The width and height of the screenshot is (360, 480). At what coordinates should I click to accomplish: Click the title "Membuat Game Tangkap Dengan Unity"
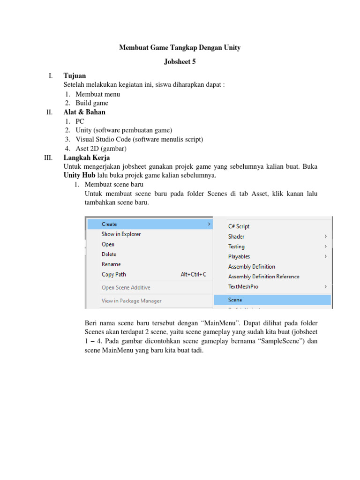click(180, 48)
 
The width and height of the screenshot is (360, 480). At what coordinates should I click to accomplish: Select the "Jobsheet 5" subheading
click(180, 61)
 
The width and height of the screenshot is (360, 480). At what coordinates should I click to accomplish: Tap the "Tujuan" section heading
click(75, 75)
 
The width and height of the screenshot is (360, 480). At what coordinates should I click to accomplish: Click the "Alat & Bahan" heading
click(84, 112)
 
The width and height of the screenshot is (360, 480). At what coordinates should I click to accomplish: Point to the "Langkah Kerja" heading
click(86, 157)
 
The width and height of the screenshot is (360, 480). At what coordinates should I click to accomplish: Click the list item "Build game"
click(92, 103)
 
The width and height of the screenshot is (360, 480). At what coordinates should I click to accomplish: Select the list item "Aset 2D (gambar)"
click(101, 149)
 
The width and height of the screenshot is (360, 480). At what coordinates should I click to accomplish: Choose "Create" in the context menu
click(109, 224)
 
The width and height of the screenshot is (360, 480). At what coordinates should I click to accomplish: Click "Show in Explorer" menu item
click(121, 234)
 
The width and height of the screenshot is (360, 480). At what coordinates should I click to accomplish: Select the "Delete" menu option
click(109, 254)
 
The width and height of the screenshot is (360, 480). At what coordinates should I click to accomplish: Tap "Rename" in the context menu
click(111, 264)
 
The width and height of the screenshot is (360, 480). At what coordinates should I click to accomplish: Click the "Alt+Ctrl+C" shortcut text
click(193, 275)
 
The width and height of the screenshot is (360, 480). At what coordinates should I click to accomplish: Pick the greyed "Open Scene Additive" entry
click(126, 287)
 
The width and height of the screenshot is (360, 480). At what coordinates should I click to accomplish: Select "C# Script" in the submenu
click(239, 226)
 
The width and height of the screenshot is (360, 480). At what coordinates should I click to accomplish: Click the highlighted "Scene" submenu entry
click(235, 300)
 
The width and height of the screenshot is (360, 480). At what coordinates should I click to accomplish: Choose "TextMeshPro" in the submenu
click(243, 286)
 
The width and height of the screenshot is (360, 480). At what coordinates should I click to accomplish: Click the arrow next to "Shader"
click(325, 237)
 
